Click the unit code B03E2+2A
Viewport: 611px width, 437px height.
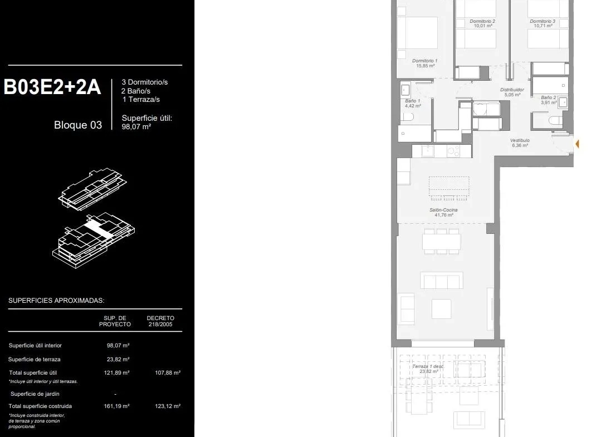tap(52, 87)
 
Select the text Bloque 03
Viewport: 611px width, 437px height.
tap(78, 125)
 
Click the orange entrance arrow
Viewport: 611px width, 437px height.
tap(577, 144)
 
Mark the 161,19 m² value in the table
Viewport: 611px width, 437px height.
tap(116, 406)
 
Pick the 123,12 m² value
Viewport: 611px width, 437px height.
tap(168, 406)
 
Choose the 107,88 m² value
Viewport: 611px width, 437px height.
tap(168, 373)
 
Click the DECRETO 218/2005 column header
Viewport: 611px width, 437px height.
tap(160, 321)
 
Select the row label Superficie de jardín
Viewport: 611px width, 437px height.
tap(35, 394)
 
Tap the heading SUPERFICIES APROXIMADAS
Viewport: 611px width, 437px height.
tap(56, 301)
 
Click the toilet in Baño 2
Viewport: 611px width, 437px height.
tap(555, 121)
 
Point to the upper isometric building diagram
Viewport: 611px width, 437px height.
tap(93, 189)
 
